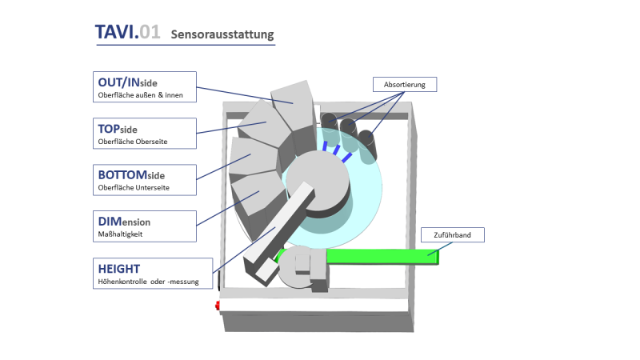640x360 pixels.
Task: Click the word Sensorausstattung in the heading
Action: [222, 34]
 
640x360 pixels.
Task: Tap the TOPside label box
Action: [142, 134]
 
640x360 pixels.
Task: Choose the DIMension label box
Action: [142, 226]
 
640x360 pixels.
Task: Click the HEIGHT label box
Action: [151, 273]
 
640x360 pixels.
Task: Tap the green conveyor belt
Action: [376, 258]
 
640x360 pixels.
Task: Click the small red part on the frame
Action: [216, 306]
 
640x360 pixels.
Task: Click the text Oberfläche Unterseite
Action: [133, 188]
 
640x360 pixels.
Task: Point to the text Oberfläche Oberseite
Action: [133, 142]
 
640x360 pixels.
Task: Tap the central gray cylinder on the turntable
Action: [316, 184]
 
